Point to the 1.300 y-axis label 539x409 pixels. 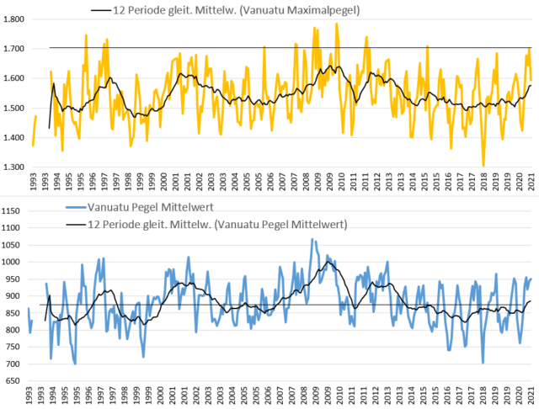[x=13, y=167]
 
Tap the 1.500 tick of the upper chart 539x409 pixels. [x=13, y=108]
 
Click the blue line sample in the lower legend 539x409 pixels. [x=75, y=207]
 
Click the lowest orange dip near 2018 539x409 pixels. [x=483, y=166]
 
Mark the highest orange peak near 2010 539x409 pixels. [x=337, y=24]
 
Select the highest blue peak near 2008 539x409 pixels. [x=312, y=239]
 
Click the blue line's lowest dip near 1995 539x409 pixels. [x=75, y=364]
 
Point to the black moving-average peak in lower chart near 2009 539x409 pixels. [x=328, y=262]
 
